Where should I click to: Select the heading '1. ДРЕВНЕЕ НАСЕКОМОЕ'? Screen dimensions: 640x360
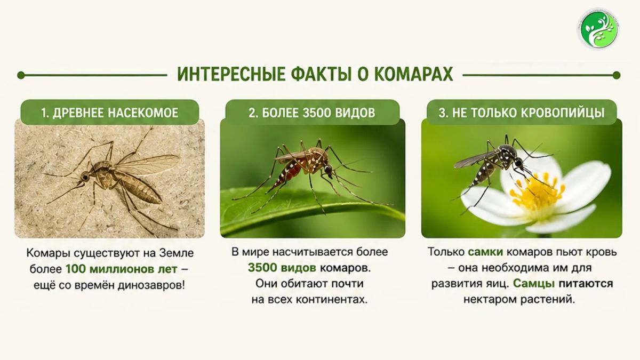(x=109, y=113)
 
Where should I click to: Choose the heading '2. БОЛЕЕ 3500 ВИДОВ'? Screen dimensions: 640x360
(x=311, y=113)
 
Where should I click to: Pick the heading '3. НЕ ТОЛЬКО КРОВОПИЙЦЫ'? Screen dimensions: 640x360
(x=522, y=113)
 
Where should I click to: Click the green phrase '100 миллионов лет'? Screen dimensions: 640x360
(x=122, y=269)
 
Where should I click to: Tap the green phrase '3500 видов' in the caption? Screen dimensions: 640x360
(x=282, y=268)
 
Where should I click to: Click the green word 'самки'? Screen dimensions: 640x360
(x=485, y=252)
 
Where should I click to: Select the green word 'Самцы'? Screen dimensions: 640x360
(x=534, y=283)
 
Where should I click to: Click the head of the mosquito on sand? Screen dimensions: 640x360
(x=85, y=177)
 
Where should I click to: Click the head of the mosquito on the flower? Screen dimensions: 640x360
(x=518, y=163)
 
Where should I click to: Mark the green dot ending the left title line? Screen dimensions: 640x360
(x=21, y=75)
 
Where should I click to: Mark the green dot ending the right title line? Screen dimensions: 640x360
(x=617, y=75)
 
